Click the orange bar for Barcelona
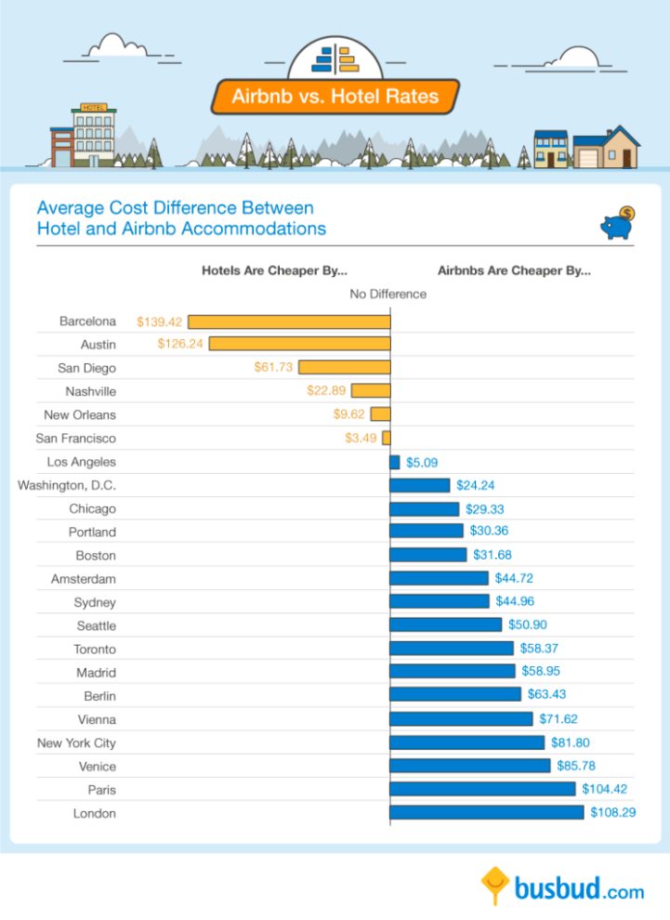pyautogui.click(x=289, y=322)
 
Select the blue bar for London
pyautogui.click(x=487, y=812)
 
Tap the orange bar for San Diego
pyautogui.click(x=345, y=368)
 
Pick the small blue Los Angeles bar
pyautogui.click(x=395, y=462)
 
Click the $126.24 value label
pyautogui.click(x=180, y=345)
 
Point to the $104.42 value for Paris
pyautogui.click(x=606, y=789)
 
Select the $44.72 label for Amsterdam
pyautogui.click(x=514, y=578)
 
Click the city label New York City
pyautogui.click(x=76, y=743)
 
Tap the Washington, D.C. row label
pyautogui.click(x=67, y=485)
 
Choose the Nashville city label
pyautogui.click(x=90, y=391)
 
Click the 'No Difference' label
pyautogui.click(x=388, y=295)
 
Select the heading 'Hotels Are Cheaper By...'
pyautogui.click(x=274, y=271)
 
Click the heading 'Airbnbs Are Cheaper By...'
pyautogui.click(x=514, y=271)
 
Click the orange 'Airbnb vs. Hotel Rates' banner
pyautogui.click(x=335, y=97)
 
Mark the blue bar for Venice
pyautogui.click(x=470, y=766)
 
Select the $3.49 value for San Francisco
pyautogui.click(x=361, y=439)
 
